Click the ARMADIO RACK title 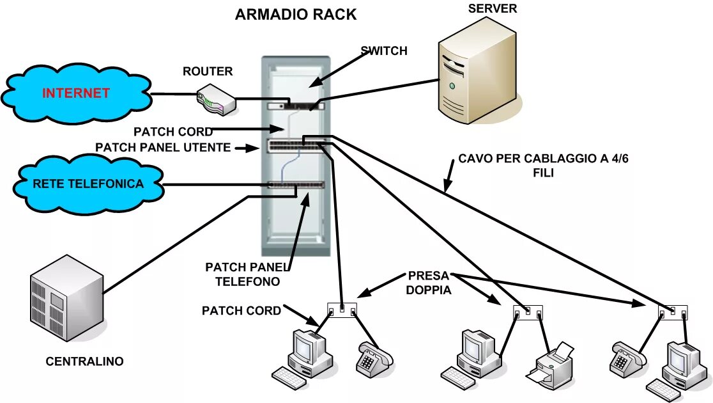[296, 15]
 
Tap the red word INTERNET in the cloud [76, 93]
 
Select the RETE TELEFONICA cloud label [88, 184]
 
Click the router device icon [216, 99]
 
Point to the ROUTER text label [208, 71]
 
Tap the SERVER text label [493, 9]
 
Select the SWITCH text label [384, 51]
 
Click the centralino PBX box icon [67, 298]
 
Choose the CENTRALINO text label [84, 361]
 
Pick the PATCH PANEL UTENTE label [163, 148]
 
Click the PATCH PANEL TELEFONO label [247, 274]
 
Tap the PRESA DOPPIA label [428, 283]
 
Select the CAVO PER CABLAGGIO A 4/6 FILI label [544, 165]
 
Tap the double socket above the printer [528, 313]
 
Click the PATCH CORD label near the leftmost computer [241, 310]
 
